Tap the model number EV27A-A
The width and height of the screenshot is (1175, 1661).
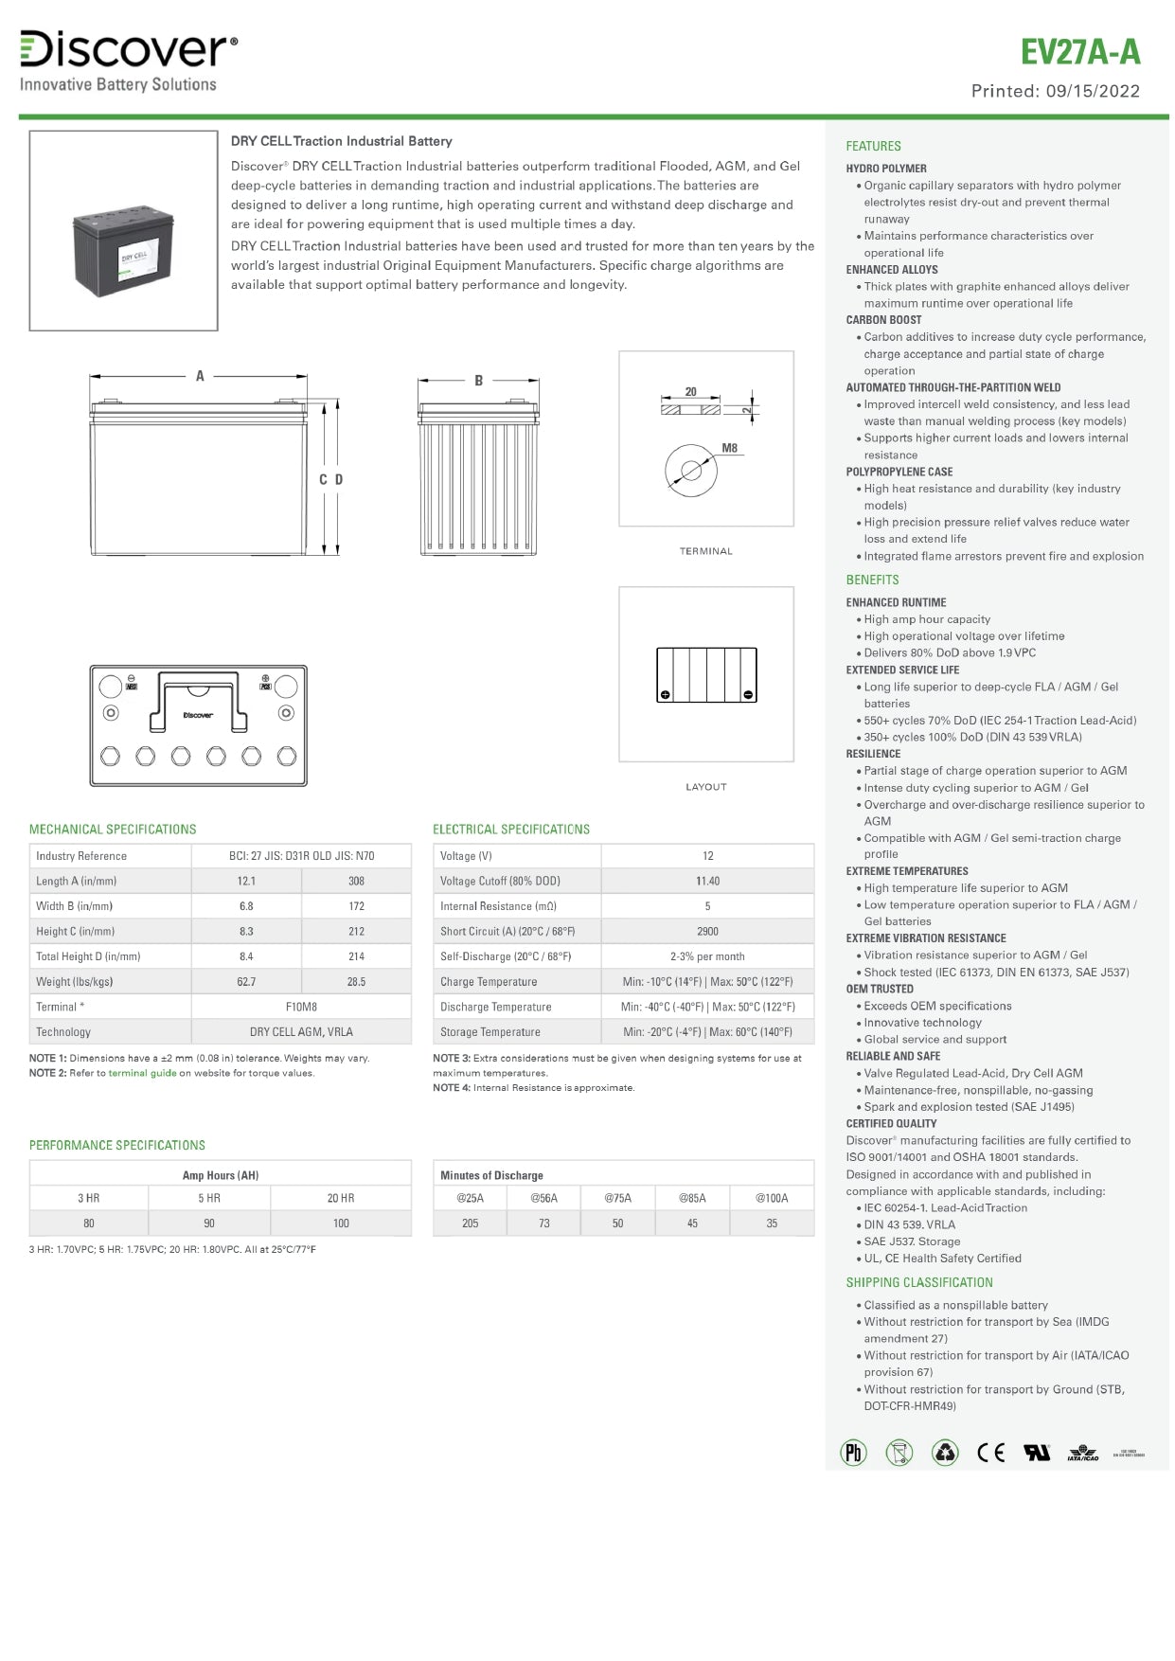pos(1079,51)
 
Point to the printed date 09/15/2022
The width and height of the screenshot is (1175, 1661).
pos(1093,91)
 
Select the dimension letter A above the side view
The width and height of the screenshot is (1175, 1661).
pos(200,376)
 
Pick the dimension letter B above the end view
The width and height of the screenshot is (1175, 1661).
pos(479,381)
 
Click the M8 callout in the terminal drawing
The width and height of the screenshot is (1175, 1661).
pos(729,448)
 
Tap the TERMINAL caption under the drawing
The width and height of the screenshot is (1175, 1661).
pos(705,551)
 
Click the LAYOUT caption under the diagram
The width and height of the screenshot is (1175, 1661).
pos(705,787)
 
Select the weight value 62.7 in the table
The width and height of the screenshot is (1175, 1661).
pos(246,982)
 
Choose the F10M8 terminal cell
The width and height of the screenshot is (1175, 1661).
pos(301,1007)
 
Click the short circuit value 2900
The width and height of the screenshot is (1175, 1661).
pos(707,931)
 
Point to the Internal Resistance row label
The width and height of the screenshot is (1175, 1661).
pos(498,906)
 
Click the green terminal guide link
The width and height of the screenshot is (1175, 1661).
pos(142,1073)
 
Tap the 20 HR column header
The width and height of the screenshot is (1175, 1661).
pos(341,1198)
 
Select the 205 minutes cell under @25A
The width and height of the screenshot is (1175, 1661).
pos(470,1223)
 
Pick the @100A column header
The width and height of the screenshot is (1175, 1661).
pos(772,1198)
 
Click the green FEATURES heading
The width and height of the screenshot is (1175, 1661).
pos(873,146)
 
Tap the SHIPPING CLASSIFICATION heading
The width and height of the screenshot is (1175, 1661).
pos(919,1282)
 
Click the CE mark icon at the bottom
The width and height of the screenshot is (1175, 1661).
pos(990,1453)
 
